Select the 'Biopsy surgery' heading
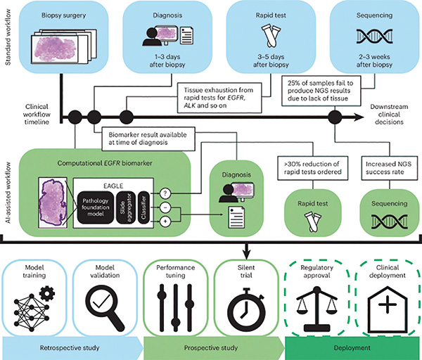click(59, 12)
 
